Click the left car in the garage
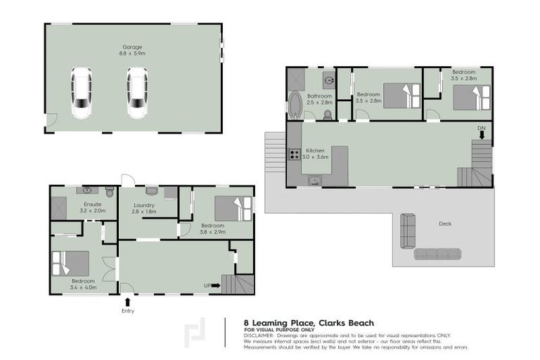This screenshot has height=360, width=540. click(x=82, y=93)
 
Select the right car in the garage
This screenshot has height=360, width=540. click(x=137, y=93)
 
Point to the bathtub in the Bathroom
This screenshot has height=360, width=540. click(x=295, y=106)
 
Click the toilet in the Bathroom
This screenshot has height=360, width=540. click(x=328, y=114)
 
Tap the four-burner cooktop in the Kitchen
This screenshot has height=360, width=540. click(x=294, y=156)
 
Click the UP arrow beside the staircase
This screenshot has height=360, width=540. click(x=214, y=285)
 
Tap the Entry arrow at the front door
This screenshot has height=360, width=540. click(x=127, y=303)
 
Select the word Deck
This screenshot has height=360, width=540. click(x=444, y=224)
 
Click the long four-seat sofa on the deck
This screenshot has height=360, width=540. click(x=437, y=254)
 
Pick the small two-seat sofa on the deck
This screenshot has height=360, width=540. click(x=408, y=231)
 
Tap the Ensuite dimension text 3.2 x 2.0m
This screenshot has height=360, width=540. click(x=92, y=210)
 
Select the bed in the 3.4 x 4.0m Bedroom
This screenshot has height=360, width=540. click(x=71, y=263)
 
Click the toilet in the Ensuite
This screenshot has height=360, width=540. click(x=109, y=192)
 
